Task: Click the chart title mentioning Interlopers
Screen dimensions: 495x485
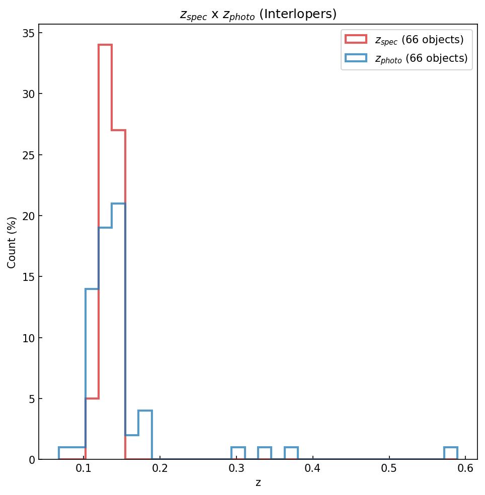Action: [258, 15]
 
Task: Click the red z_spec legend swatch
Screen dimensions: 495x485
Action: [356, 39]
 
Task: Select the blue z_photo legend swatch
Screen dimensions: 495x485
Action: [356, 58]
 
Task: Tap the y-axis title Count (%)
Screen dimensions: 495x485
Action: [12, 242]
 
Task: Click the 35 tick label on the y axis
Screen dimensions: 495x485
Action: [28, 33]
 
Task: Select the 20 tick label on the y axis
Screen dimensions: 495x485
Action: [28, 216]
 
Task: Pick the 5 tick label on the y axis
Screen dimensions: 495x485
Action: [31, 399]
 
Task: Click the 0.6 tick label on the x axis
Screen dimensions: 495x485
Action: [465, 470]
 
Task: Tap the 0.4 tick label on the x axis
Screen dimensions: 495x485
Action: [313, 470]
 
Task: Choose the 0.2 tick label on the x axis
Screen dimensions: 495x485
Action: [160, 470]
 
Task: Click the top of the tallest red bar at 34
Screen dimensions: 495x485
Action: [105, 45]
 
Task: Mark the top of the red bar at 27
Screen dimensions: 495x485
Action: [118, 131]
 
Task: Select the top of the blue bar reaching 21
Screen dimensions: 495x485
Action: [118, 204]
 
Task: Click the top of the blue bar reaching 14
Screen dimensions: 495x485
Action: [92, 289]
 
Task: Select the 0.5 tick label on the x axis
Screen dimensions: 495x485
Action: [389, 470]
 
